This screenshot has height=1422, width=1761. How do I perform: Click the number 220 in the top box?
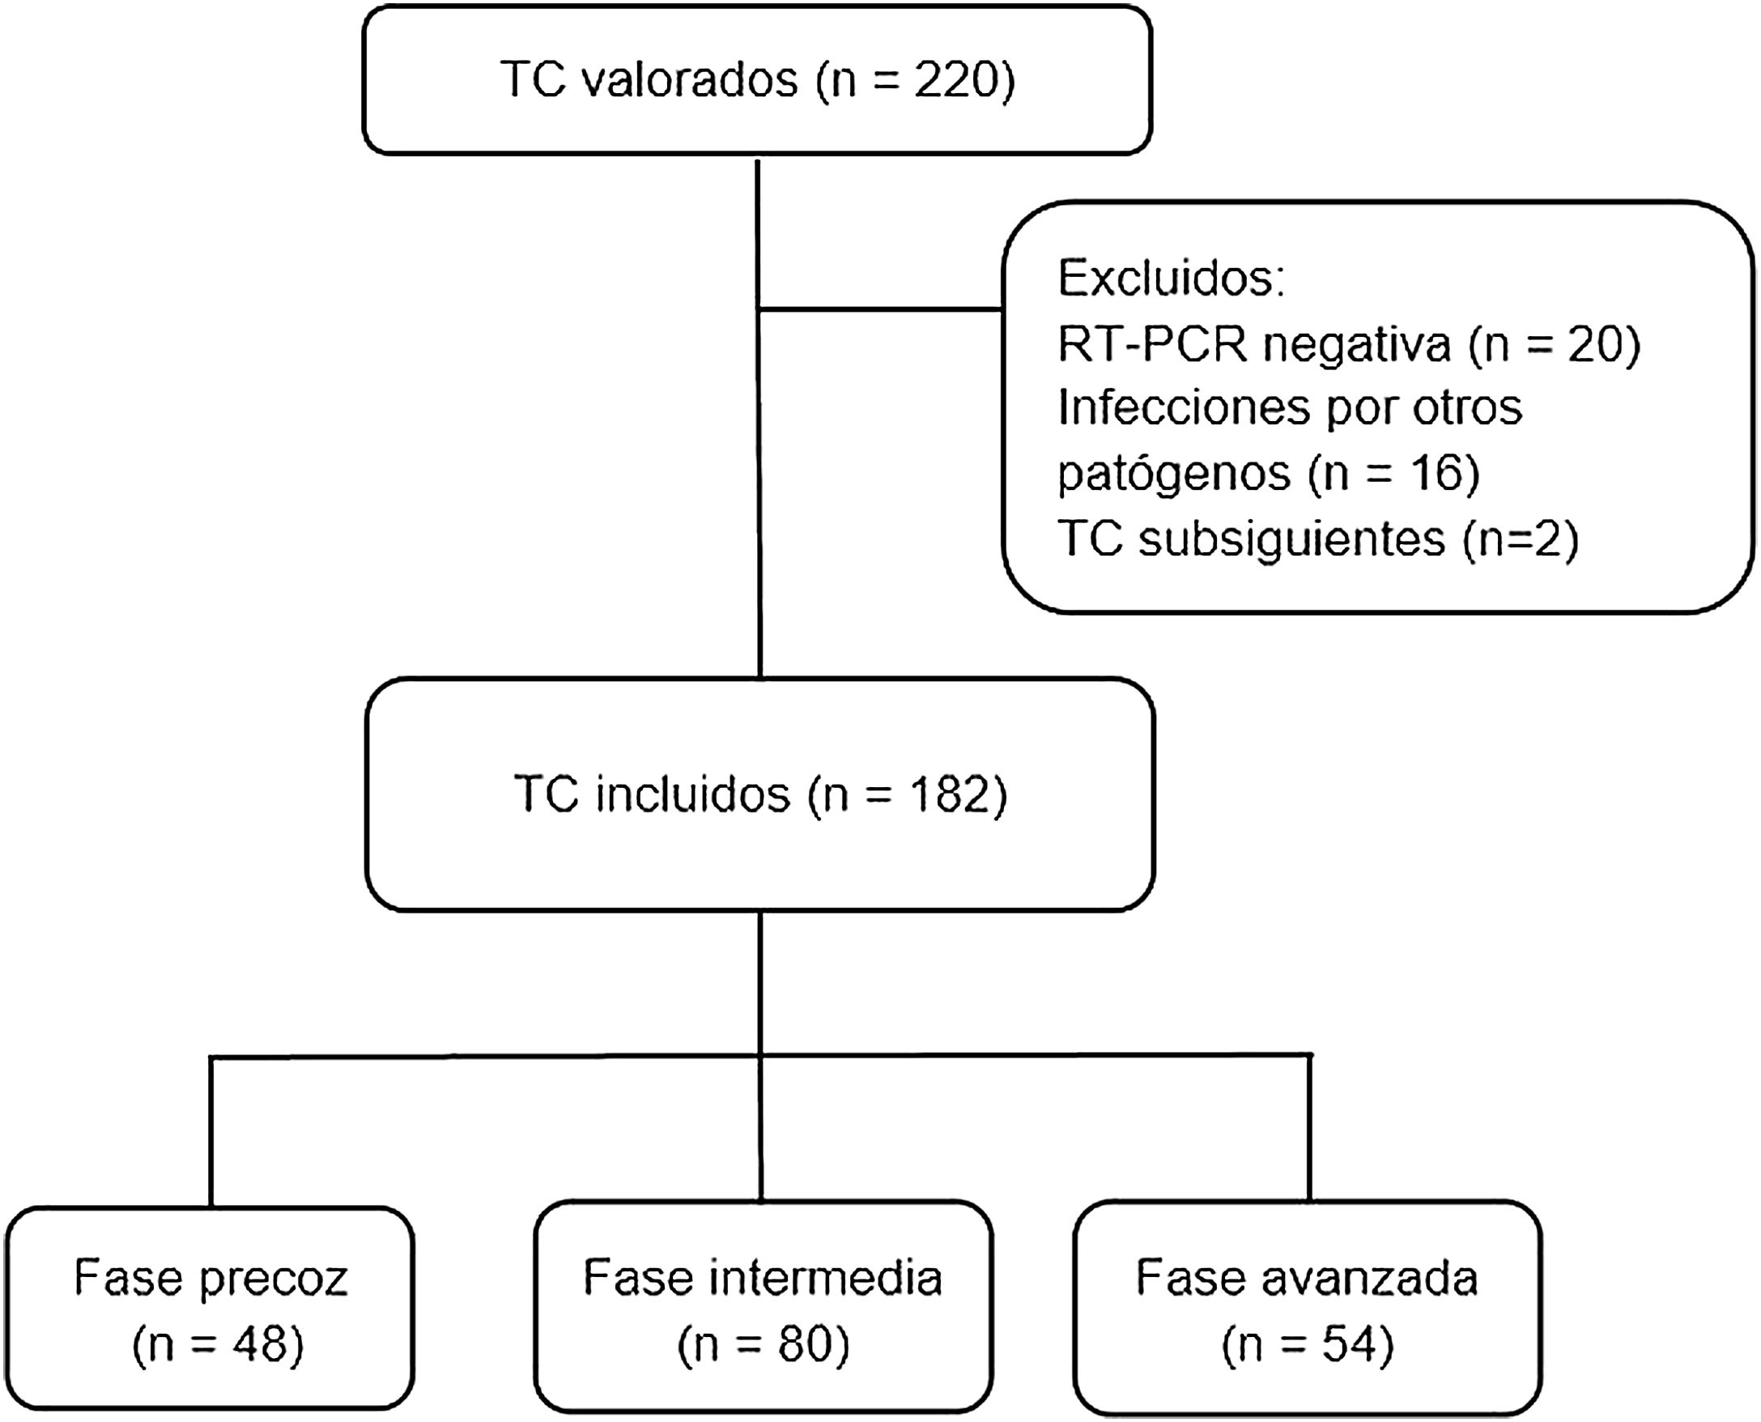coord(953,80)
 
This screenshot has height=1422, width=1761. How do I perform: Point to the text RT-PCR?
coord(1151,344)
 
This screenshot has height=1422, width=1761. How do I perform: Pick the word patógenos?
coord(1173,474)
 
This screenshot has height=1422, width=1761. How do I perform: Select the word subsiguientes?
coord(1291,539)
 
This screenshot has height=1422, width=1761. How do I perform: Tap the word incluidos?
coord(692,794)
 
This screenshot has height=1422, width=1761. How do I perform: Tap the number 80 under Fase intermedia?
coord(806,1344)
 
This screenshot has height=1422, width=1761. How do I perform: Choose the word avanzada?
coord(1368,1277)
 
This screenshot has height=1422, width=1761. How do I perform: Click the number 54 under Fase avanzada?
coord(1351,1344)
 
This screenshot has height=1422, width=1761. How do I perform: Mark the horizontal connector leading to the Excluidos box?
coord(881,309)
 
